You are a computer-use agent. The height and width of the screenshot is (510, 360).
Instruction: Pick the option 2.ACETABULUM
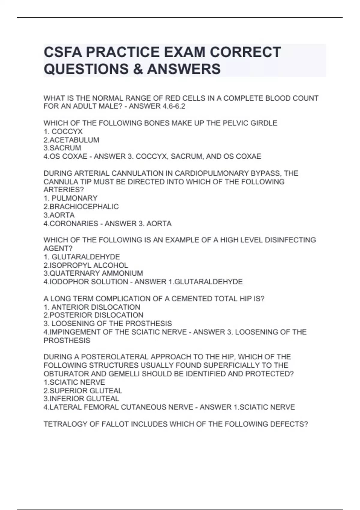71,140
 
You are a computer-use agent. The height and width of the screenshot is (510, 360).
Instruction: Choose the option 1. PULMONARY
70,198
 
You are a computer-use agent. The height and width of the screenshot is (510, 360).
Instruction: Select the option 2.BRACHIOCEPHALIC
81,207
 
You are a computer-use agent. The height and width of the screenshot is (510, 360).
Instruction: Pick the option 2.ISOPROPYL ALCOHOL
86,265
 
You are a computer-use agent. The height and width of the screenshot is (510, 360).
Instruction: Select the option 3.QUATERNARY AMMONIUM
93,273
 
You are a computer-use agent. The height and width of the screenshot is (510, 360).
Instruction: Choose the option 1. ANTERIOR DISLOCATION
92,307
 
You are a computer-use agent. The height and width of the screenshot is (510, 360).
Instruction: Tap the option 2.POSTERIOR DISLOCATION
93,315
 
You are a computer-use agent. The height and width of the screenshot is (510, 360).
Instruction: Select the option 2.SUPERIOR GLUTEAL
83,391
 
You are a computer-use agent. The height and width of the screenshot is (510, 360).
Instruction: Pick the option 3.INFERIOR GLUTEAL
81,399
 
